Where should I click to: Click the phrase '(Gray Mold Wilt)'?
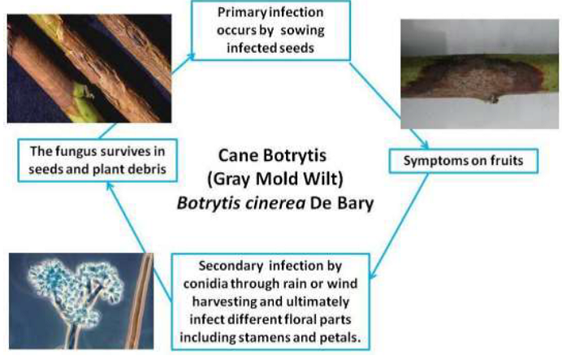click(275, 179)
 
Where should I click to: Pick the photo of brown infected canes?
click(89, 68)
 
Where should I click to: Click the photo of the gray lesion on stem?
click(479, 74)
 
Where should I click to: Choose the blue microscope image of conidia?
click(81, 301)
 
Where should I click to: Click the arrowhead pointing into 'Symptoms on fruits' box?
click(425, 145)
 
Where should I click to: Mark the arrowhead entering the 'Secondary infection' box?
click(372, 275)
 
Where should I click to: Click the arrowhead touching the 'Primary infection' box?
click(192, 57)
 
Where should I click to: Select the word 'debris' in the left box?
click(149, 169)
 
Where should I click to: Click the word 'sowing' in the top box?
click(302, 31)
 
